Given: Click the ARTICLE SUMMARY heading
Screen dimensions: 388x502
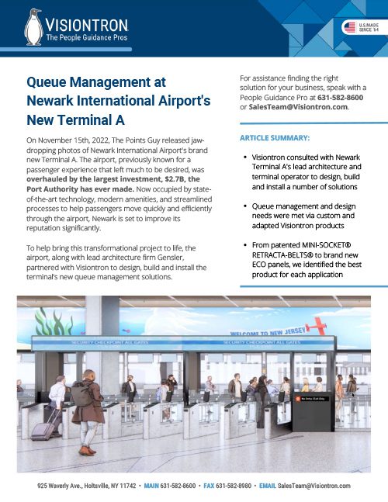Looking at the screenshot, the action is (x=275, y=137).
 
